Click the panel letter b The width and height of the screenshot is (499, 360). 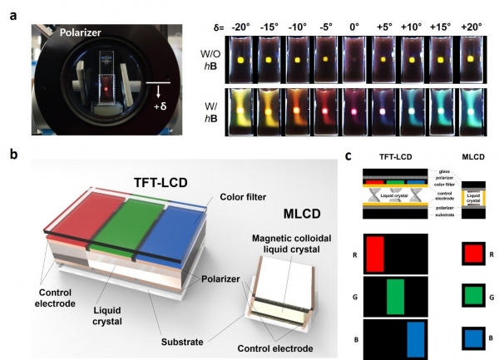(11, 155)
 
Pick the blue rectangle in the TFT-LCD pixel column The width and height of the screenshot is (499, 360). (415, 338)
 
